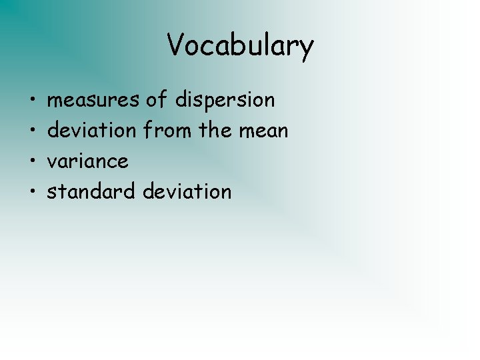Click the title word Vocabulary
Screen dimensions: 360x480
click(x=240, y=45)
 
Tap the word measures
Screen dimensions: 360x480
click(x=93, y=100)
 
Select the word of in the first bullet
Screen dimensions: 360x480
click(x=157, y=100)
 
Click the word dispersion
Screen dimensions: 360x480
click(x=225, y=100)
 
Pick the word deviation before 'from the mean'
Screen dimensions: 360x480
click(x=91, y=131)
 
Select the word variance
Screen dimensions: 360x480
click(x=88, y=161)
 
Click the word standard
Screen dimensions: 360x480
click(x=92, y=192)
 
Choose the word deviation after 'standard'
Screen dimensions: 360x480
click(x=187, y=192)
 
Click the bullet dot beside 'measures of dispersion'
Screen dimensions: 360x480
click(x=32, y=101)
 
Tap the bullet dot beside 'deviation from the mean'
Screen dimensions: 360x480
click(x=32, y=131)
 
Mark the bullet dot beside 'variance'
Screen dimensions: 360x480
click(x=32, y=162)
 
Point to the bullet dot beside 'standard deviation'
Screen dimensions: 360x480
click(x=32, y=193)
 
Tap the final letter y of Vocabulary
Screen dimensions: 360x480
click(x=306, y=48)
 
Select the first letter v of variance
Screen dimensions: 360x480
click(x=52, y=162)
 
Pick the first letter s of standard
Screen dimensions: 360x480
click(x=51, y=193)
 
